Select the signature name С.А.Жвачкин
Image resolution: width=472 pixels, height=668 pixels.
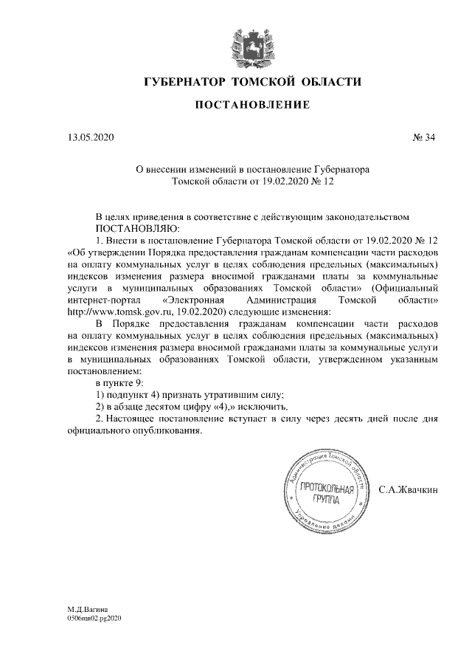coord(408,489)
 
